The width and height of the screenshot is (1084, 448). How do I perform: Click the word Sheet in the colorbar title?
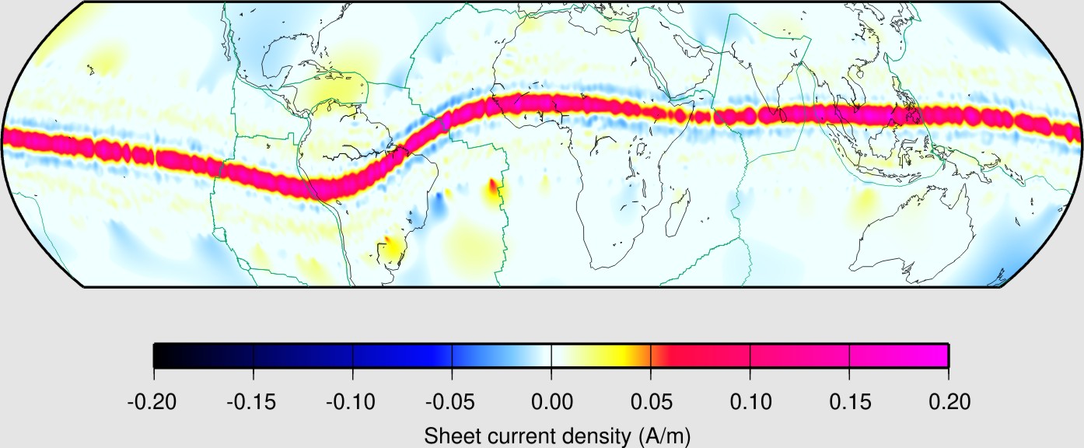449,436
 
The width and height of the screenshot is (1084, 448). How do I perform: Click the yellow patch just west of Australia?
864,204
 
